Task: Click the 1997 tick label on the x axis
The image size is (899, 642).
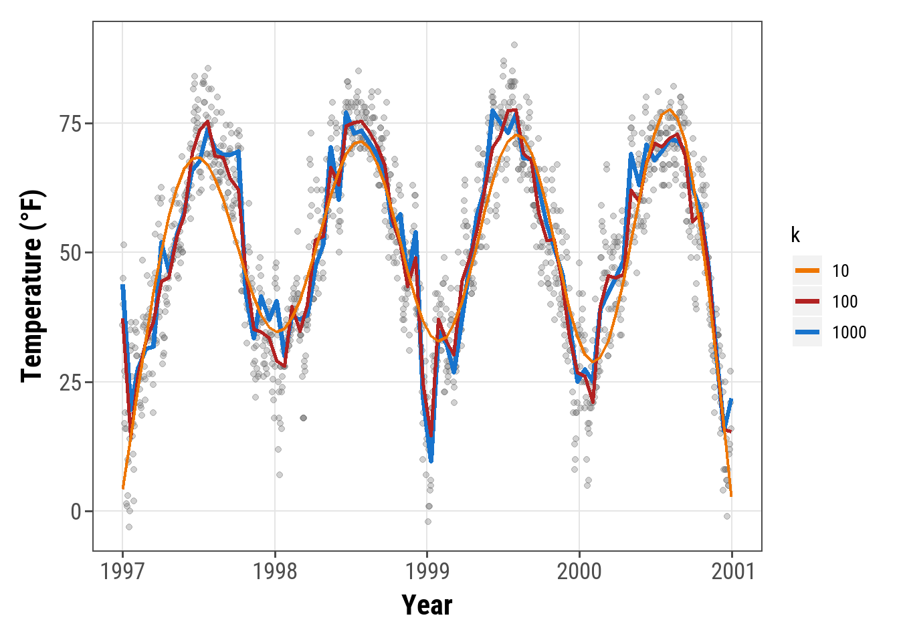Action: click(122, 572)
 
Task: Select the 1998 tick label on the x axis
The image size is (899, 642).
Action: click(275, 572)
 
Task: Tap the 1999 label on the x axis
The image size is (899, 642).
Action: click(427, 572)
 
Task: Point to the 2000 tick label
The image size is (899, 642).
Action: click(579, 572)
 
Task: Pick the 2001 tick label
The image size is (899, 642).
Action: click(732, 572)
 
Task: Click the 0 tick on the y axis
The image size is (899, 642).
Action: click(76, 512)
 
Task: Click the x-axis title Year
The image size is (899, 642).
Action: click(427, 605)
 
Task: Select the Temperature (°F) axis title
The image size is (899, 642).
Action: click(32, 286)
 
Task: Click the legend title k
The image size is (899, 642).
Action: click(795, 235)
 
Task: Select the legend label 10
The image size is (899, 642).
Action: click(841, 271)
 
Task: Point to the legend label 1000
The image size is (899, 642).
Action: click(849, 332)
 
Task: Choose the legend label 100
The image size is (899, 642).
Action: click(845, 302)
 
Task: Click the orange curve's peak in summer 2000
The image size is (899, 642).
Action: click(669, 110)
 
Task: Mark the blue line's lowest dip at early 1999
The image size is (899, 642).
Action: click(431, 460)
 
